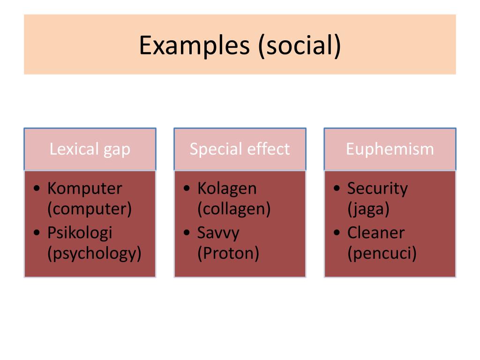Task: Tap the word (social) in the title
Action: (299, 45)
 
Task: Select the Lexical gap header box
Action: (90, 149)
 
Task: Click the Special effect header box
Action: (240, 149)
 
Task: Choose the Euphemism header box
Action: (390, 149)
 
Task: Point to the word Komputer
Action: (84, 188)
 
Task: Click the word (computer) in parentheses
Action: (90, 209)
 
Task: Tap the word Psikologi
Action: (80, 232)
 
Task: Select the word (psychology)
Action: (94, 254)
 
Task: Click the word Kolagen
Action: (227, 188)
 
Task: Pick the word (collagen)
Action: (234, 209)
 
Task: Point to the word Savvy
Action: (218, 232)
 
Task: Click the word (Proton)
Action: (228, 254)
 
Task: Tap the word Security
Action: (377, 188)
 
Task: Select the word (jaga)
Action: (368, 209)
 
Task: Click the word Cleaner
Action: (375, 232)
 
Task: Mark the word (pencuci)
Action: (382, 254)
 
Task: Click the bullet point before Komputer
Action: (37, 189)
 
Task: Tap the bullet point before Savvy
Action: (187, 233)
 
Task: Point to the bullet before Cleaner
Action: (337, 233)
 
